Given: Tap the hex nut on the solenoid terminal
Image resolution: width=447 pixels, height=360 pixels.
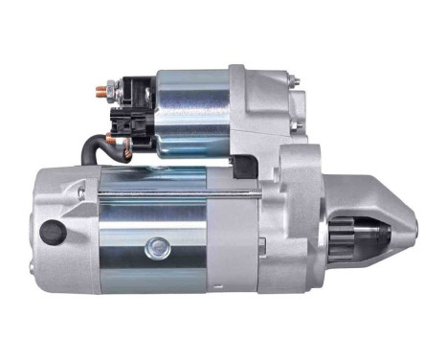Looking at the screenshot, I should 112,92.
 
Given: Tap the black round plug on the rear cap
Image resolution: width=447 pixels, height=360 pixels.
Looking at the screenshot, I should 51,232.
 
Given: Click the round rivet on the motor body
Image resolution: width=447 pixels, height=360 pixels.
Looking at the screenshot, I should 157,250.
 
